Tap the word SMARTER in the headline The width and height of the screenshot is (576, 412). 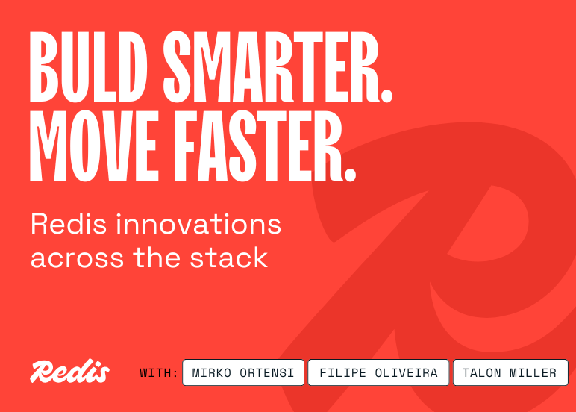coord(263,69)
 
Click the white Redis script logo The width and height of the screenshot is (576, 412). coord(69,372)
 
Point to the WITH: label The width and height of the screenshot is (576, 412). coord(159,372)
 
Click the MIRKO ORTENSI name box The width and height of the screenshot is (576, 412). coord(243,372)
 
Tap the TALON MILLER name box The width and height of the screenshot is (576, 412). coord(510,372)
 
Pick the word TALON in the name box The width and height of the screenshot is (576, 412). coord(483,372)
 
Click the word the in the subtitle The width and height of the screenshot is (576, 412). coord(157,258)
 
